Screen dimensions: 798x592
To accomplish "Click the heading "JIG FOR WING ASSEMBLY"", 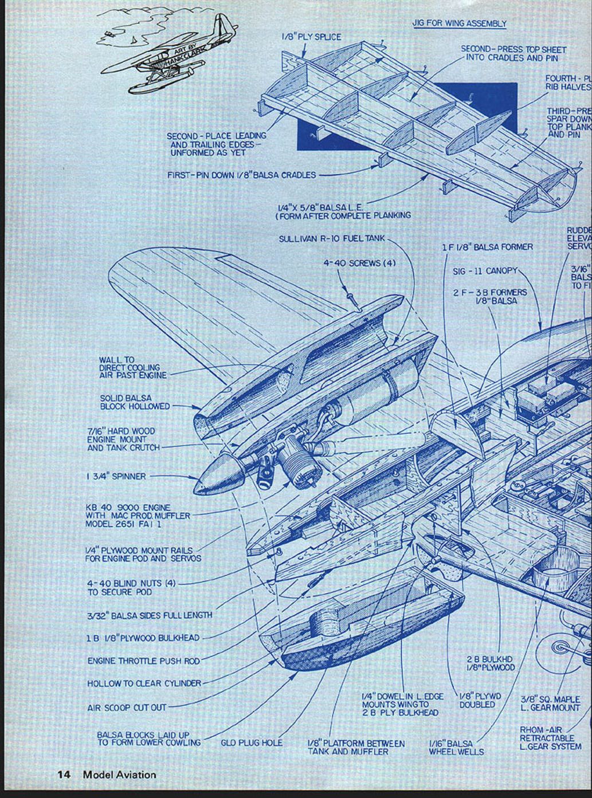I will point(459,23).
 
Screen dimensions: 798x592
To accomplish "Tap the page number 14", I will point(63,775).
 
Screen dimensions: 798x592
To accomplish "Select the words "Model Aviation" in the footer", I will point(119,775).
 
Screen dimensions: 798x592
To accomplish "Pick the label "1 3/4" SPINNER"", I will point(116,476).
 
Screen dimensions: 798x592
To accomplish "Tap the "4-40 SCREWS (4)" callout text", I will point(359,263).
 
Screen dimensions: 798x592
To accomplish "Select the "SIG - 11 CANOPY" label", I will point(485,270).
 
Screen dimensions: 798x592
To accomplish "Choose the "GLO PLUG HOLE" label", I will point(252,743).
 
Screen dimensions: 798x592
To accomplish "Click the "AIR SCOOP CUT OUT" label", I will point(127,707).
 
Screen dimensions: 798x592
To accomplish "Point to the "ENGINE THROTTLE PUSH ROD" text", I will point(143,661).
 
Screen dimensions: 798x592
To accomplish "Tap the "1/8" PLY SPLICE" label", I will point(311,37).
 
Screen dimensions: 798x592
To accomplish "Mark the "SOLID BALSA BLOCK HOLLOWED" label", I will point(135,402).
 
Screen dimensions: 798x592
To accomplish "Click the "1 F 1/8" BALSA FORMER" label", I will point(487,247).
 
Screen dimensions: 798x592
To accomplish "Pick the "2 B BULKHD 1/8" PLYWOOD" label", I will point(490,663).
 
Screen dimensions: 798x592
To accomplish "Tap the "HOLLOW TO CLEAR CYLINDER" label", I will point(144,683).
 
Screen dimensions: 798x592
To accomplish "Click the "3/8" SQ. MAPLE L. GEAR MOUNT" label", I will point(550,703).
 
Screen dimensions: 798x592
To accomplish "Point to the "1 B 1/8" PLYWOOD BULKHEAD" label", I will point(143,638).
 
